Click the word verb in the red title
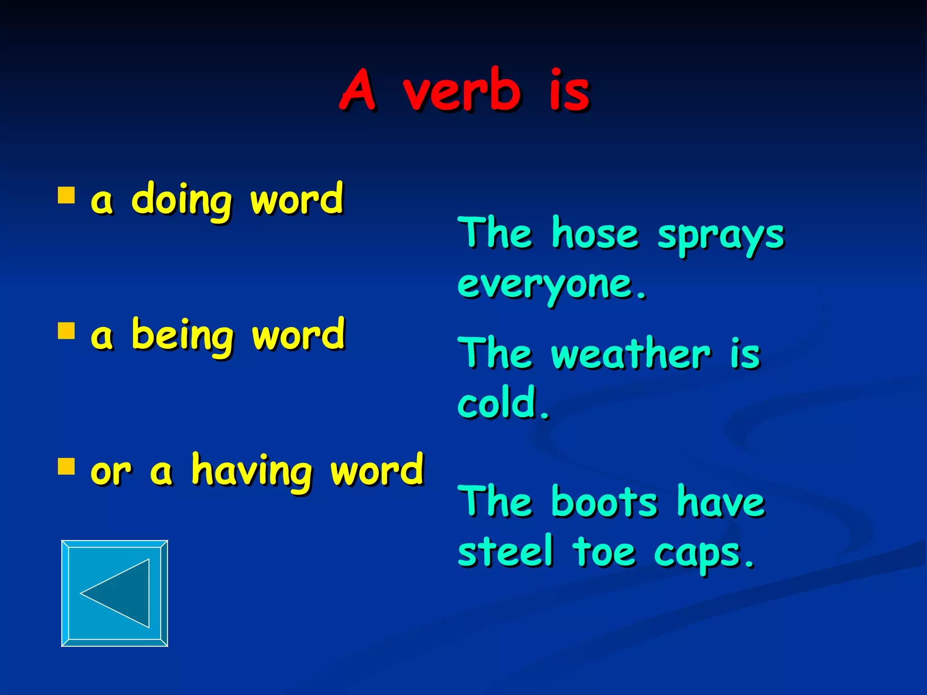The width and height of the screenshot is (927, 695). click(x=462, y=90)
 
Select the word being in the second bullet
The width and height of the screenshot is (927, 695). click(x=183, y=336)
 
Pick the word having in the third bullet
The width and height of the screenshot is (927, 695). click(x=252, y=471)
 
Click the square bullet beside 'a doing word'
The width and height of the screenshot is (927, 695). click(x=66, y=195)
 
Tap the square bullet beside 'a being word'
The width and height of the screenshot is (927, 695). click(x=66, y=331)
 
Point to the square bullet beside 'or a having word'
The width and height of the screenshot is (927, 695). click(x=66, y=466)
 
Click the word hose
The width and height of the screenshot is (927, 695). click(x=595, y=234)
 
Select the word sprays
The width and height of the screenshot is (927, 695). click(x=721, y=237)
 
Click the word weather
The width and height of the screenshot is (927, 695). click(x=631, y=354)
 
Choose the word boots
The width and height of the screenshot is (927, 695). click(x=604, y=502)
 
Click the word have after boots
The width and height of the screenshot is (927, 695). click(x=721, y=502)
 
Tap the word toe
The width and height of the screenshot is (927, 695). click(x=604, y=552)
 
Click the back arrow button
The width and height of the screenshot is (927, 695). click(x=115, y=593)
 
